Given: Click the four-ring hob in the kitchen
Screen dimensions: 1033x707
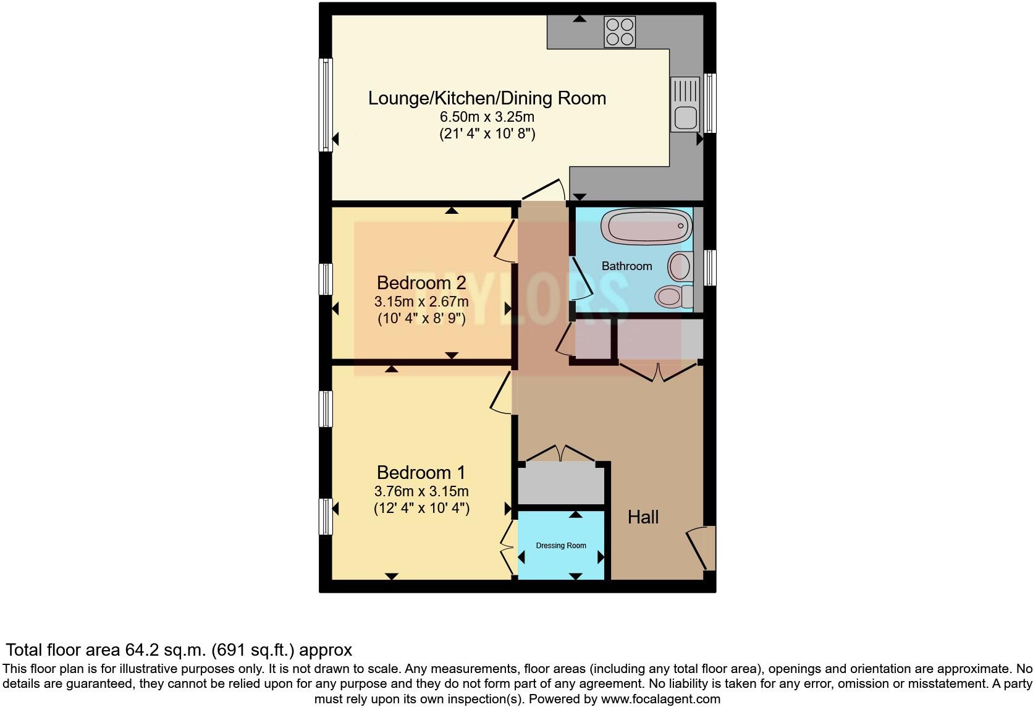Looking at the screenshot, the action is (620, 32).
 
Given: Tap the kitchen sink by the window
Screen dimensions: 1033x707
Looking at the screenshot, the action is (685, 104).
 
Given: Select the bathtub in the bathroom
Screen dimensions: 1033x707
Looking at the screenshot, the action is (646, 226).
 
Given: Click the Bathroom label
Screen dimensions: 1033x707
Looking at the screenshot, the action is (626, 266).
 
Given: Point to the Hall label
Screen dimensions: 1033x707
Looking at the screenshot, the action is (643, 517).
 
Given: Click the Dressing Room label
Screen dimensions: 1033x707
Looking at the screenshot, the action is (561, 546).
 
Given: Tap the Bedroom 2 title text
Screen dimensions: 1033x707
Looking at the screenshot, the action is (421, 282).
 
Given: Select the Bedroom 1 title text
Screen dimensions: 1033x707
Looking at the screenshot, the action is (421, 473).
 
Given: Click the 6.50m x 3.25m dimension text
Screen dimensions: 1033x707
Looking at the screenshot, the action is (487, 117).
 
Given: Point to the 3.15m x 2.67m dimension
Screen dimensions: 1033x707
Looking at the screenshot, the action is (421, 302).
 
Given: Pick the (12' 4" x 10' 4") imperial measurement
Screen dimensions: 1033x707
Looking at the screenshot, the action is (421, 508).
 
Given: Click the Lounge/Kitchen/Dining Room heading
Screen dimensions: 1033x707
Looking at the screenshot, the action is (487, 98).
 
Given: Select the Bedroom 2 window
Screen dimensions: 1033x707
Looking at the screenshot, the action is (326, 279).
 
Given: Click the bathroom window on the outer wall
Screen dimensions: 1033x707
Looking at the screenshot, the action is (710, 268).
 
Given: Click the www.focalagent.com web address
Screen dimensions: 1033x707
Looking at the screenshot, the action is (660, 699).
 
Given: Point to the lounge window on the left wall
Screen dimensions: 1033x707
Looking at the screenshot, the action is (326, 104).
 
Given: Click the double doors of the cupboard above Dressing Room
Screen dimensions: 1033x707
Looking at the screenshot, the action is (561, 454).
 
